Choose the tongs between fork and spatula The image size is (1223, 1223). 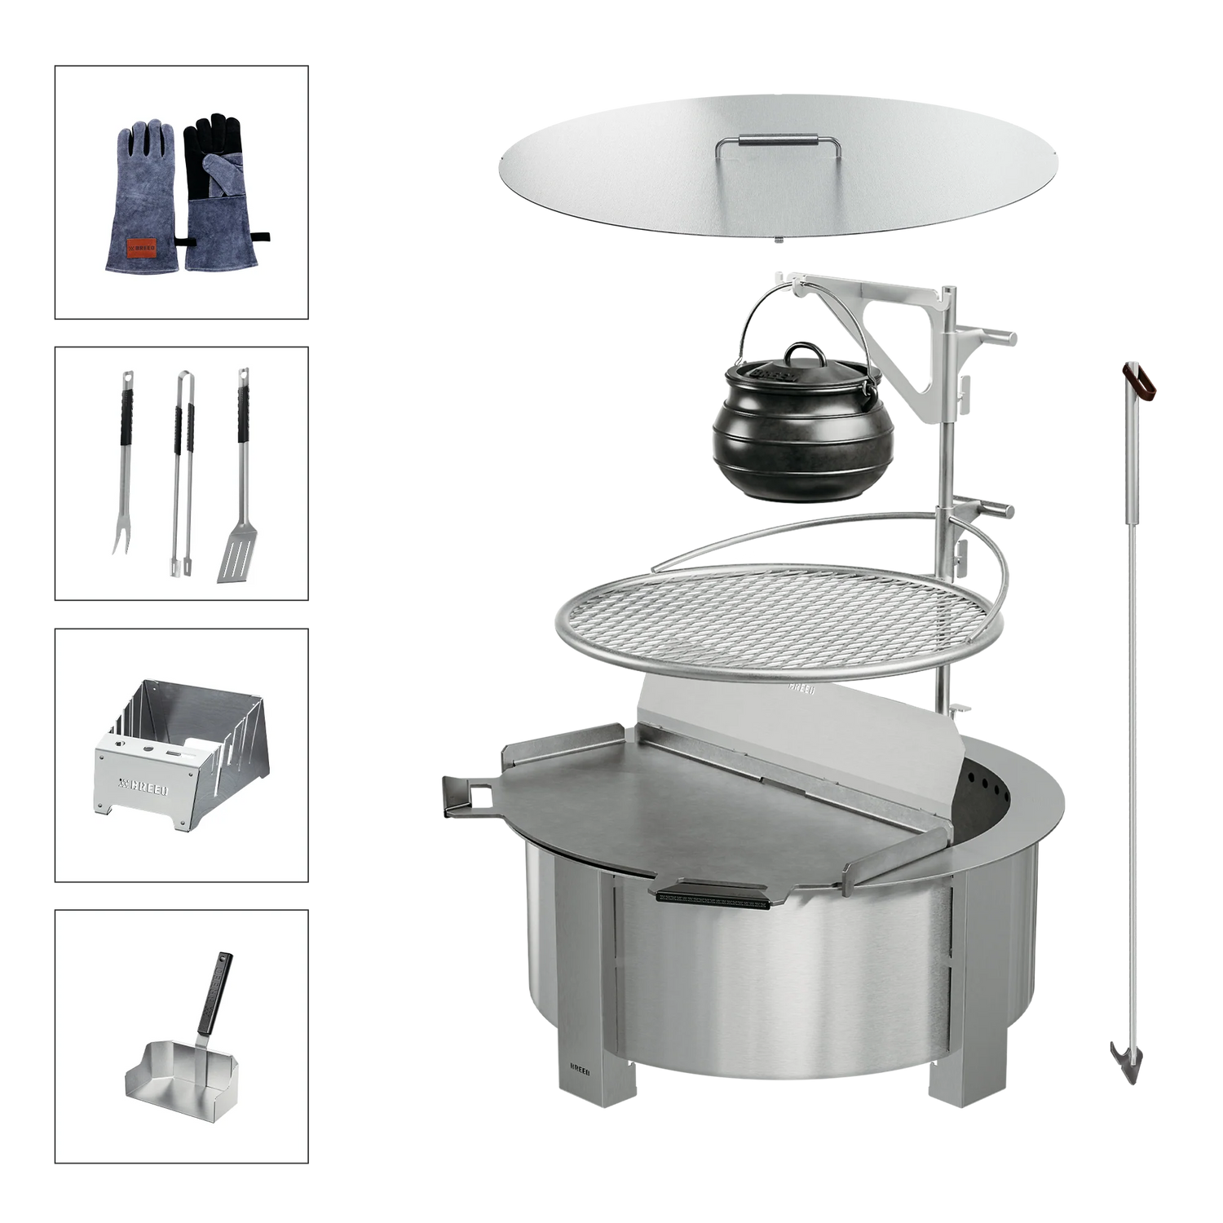(180, 473)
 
